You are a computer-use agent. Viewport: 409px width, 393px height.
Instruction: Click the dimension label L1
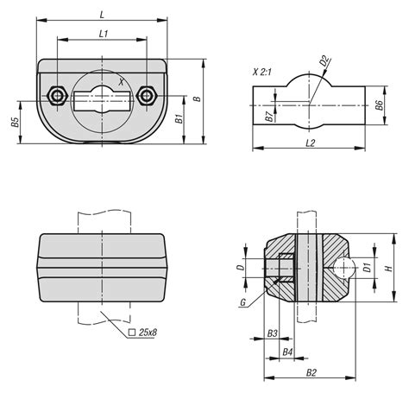coord(103,34)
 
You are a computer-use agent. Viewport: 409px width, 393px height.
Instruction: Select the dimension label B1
coord(179,118)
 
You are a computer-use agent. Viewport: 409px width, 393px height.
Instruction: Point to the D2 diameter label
coord(324,60)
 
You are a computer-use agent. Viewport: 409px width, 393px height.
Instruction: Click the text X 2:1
coord(261,72)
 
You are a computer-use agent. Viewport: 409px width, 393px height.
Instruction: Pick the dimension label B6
coord(379,105)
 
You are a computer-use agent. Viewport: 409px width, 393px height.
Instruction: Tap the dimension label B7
coord(269,117)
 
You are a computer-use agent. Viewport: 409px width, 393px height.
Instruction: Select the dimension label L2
coord(311,143)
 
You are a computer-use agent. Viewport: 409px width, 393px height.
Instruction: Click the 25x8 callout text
coord(148,333)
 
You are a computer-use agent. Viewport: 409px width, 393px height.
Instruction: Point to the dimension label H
coord(389,269)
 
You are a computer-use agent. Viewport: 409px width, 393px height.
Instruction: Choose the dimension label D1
coord(367,268)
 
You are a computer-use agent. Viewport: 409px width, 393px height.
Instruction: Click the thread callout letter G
coord(243,302)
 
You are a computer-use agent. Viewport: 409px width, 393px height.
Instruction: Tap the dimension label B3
coord(272,333)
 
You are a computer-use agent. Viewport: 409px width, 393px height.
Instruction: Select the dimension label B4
coord(287,352)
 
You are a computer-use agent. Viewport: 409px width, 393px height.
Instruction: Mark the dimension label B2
coord(311,373)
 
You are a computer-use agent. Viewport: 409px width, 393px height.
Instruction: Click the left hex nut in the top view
coord(58,96)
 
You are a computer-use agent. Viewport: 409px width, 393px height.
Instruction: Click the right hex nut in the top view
coord(147,96)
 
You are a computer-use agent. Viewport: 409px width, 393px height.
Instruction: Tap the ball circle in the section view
coord(343,268)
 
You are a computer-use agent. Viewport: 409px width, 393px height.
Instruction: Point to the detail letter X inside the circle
coord(122,82)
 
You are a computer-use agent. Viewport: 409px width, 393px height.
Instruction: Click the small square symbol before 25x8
coord(132,333)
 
